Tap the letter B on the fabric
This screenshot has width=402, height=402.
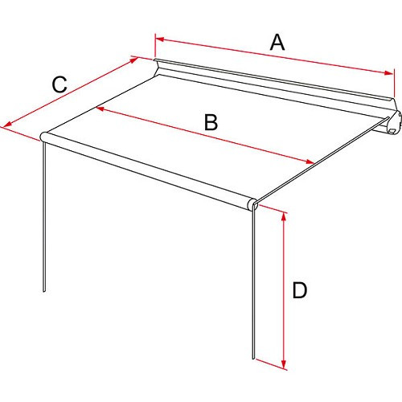point(210,122)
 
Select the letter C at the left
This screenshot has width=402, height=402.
point(59,83)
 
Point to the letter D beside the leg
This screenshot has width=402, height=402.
point(299,290)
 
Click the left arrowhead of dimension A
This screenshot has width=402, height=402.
point(158,37)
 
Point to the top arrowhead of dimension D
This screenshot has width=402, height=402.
point(284,215)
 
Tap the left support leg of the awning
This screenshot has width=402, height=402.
point(43,217)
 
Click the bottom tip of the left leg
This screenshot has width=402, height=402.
point(45,292)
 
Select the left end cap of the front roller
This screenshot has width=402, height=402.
point(44,137)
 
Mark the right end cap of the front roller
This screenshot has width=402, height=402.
point(253,204)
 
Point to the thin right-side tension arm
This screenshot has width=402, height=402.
point(322,165)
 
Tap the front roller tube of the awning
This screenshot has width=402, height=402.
point(149,170)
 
